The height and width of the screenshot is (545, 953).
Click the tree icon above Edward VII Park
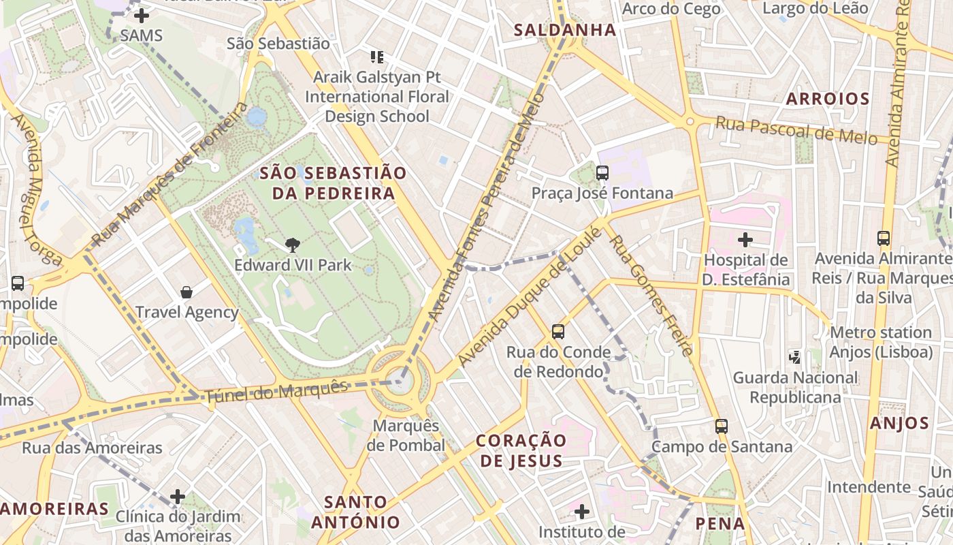coord(293,244)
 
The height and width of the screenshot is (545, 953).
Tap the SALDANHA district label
coord(565,30)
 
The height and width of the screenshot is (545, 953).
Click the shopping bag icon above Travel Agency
coord(187,292)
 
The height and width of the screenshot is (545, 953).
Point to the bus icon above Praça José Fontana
coord(602,173)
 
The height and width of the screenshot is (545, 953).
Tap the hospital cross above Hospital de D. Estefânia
coord(745,240)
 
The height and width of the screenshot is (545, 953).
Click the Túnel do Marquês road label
coord(276,391)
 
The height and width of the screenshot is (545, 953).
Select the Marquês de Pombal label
coord(406,435)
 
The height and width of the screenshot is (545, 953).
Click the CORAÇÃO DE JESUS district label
coord(521,450)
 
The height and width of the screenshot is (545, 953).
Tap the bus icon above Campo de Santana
coord(722,426)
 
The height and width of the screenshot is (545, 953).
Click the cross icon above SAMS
coord(142,15)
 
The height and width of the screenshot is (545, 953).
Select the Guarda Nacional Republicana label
coord(795,387)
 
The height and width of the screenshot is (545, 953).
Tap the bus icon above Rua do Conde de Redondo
coord(558,332)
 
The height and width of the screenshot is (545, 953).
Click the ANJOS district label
coord(899,423)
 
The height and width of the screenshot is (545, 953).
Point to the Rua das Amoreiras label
coord(92,448)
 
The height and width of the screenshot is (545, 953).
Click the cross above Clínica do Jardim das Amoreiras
coord(178,497)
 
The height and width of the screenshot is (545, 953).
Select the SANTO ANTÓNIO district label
coord(355,512)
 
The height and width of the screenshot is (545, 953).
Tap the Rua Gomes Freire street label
coord(649,295)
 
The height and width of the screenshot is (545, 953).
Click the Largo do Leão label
coord(815,8)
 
